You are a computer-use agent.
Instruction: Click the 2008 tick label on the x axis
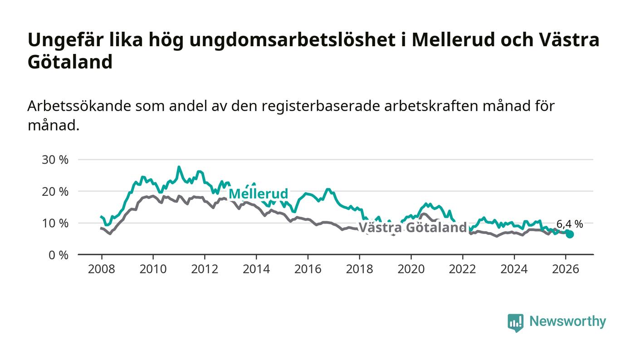tap(101, 269)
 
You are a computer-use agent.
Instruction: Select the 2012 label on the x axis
tap(205, 269)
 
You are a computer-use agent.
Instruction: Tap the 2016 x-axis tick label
tap(308, 269)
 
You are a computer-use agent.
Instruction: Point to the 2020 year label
tap(410, 269)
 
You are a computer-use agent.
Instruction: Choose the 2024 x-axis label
tap(514, 269)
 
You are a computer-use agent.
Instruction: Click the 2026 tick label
tap(566, 269)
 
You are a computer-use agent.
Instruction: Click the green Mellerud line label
tap(258, 194)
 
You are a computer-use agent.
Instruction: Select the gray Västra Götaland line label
tap(413, 228)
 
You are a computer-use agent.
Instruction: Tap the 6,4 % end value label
tap(569, 224)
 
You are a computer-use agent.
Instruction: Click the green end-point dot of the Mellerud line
tap(570, 234)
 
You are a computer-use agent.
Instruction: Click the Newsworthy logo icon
tap(515, 323)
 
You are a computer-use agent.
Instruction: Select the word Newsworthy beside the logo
tap(567, 321)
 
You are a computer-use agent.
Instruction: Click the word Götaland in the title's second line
tap(70, 62)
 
